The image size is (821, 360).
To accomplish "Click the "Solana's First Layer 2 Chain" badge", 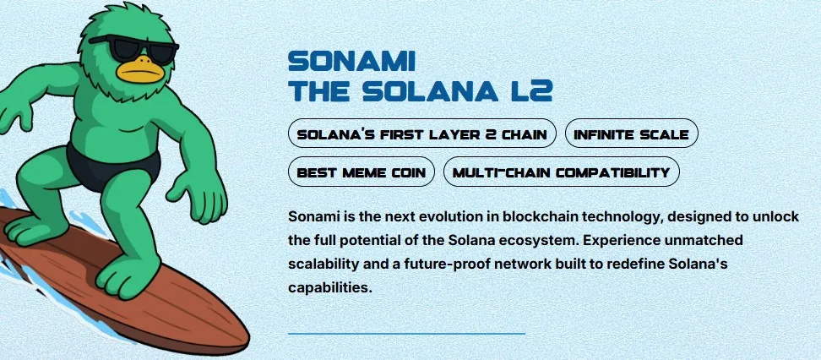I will point(422,134).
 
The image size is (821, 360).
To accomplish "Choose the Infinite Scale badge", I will point(631,134).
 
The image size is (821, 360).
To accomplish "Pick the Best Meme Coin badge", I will point(361,172).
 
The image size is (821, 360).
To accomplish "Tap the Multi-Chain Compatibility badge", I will point(561,172).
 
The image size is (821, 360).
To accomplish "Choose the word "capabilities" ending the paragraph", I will point(329,287).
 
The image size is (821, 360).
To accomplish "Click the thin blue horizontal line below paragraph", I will point(406,334).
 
